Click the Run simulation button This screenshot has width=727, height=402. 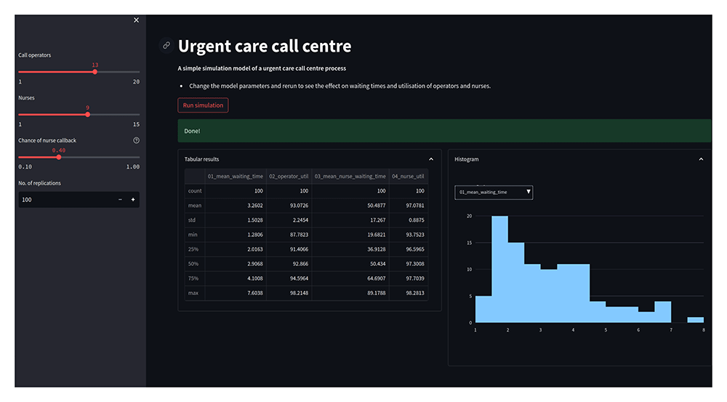(x=203, y=105)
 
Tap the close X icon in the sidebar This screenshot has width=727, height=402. (x=136, y=20)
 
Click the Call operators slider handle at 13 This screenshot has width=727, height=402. (x=95, y=72)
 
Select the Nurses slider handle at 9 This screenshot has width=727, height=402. (x=88, y=114)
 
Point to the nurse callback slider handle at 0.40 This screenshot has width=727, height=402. (x=59, y=157)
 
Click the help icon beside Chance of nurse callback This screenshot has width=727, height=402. (x=136, y=140)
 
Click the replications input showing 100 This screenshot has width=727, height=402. (x=65, y=199)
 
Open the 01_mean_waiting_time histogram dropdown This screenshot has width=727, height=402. (x=494, y=192)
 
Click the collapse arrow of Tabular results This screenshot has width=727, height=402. (x=431, y=159)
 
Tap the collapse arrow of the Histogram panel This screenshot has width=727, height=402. (x=701, y=159)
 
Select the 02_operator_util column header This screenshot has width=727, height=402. (x=289, y=176)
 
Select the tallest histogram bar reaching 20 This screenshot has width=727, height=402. (x=499, y=269)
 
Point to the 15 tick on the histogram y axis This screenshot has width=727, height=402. (x=469, y=243)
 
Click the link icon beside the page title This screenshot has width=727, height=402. (x=166, y=46)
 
